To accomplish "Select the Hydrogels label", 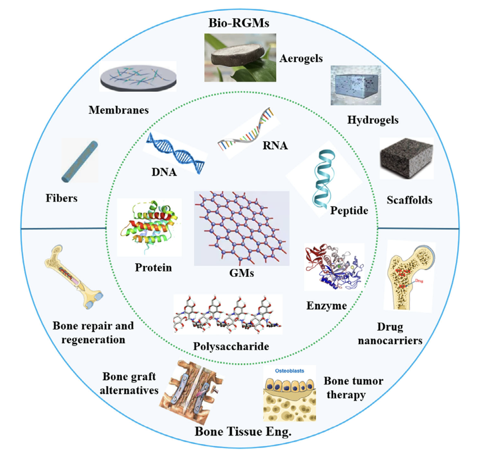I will coord(373,120).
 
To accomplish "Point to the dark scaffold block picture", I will coord(407,159).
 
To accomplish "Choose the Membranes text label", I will coord(118,110).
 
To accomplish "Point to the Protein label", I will coord(153,268).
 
